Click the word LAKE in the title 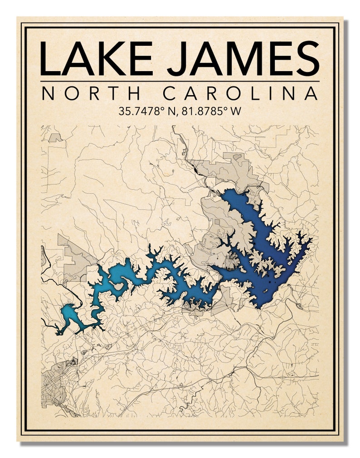pyautogui.click(x=96, y=58)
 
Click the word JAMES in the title pyautogui.click(x=243, y=58)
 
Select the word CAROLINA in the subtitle pyautogui.click(x=240, y=93)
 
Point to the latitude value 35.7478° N pyautogui.click(x=147, y=111)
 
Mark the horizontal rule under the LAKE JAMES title pyautogui.click(x=180, y=82)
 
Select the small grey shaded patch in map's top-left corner pyautogui.click(x=55, y=137)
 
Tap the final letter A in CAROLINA pyautogui.click(x=311, y=93)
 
